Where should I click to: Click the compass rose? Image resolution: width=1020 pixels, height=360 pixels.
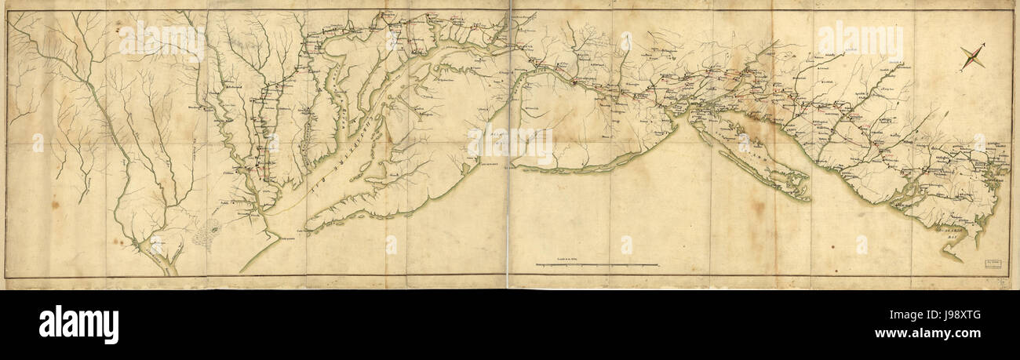972,57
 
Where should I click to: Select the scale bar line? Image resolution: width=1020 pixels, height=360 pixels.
596,266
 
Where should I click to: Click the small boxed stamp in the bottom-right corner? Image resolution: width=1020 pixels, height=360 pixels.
993,264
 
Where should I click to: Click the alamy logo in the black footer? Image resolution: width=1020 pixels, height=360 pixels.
78,324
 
